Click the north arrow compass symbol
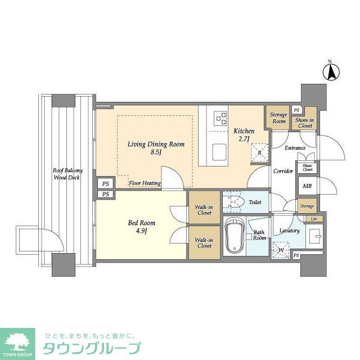[332, 71]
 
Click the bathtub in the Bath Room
[233, 236]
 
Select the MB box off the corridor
[307, 186]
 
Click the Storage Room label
[278, 118]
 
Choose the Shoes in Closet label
[304, 123]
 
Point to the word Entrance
[295, 148]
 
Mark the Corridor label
[283, 171]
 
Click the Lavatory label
[289, 231]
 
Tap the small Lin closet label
[313, 218]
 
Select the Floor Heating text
[145, 183]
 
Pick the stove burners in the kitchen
[220, 118]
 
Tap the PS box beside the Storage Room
[296, 110]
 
